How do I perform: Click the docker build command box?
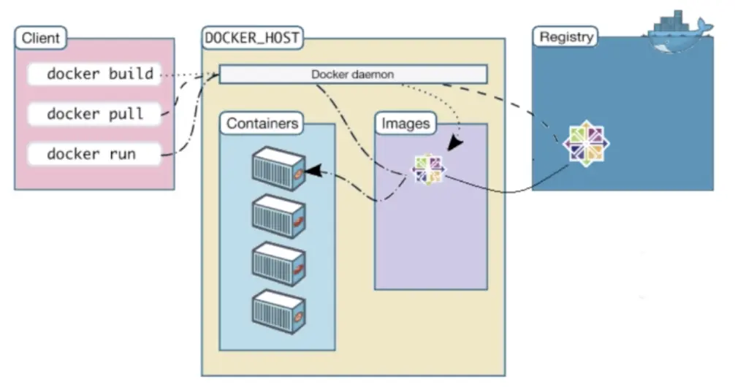[94, 74]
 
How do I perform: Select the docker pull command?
[94, 114]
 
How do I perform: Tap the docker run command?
[94, 153]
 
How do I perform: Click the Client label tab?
[41, 38]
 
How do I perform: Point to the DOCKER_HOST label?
[252, 38]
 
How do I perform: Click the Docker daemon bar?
[353, 74]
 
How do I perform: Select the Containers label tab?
[262, 123]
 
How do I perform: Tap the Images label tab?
[405, 123]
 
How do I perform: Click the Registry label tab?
[565, 37]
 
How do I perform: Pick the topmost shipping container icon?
[279, 169]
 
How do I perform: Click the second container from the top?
[279, 216]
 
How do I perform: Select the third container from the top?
[279, 264]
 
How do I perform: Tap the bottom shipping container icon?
[279, 312]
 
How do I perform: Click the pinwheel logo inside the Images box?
[428, 169]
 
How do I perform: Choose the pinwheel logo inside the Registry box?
[586, 143]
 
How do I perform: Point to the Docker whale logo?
[679, 31]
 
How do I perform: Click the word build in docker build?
[132, 74]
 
